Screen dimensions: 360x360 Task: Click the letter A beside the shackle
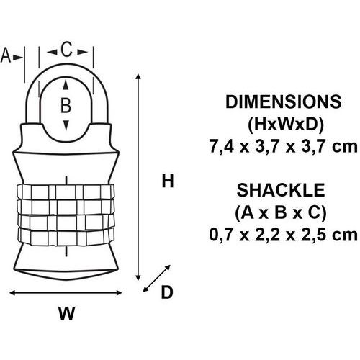6,55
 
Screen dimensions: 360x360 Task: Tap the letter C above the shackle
66,50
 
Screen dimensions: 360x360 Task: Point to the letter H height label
168,181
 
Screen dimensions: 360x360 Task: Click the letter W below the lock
66,313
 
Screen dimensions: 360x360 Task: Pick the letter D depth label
167,292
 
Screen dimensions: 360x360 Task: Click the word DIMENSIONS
283,102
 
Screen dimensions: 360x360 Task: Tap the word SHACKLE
281,190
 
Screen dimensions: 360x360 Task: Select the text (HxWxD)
286,125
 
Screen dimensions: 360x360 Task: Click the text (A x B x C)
281,212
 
